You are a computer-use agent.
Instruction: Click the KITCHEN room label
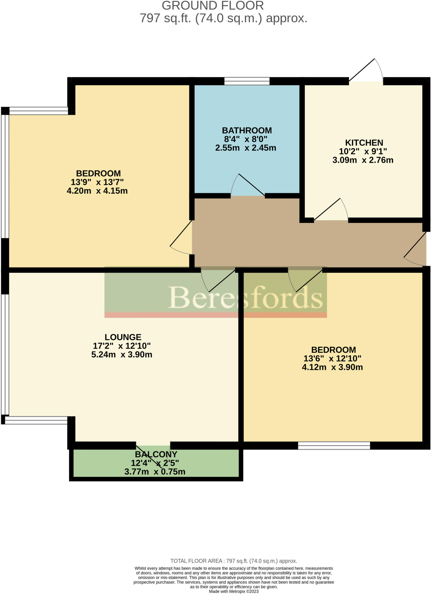pyautogui.click(x=364, y=143)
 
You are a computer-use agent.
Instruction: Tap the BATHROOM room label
pyautogui.click(x=247, y=130)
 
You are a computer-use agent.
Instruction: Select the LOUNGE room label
pyautogui.click(x=123, y=337)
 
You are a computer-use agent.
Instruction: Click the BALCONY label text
pyautogui.click(x=156, y=454)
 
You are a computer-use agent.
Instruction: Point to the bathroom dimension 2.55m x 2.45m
pyautogui.click(x=245, y=148)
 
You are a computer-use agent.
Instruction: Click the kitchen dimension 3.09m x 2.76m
pyautogui.click(x=363, y=160)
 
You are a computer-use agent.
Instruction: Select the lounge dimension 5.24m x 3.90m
pyautogui.click(x=122, y=354)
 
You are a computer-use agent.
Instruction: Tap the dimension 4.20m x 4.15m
pyautogui.click(x=97, y=191)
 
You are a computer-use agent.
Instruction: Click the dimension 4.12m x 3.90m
pyautogui.click(x=332, y=367)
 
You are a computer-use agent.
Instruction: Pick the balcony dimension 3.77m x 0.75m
pyautogui.click(x=155, y=472)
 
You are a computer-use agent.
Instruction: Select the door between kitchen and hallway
pyautogui.click(x=331, y=211)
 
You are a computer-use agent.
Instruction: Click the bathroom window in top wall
pyautogui.click(x=247, y=81)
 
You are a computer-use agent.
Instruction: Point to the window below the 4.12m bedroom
pyautogui.click(x=334, y=445)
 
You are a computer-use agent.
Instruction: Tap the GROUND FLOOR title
pyautogui.click(x=213, y=6)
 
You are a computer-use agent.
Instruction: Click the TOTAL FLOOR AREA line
pyautogui.click(x=233, y=561)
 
